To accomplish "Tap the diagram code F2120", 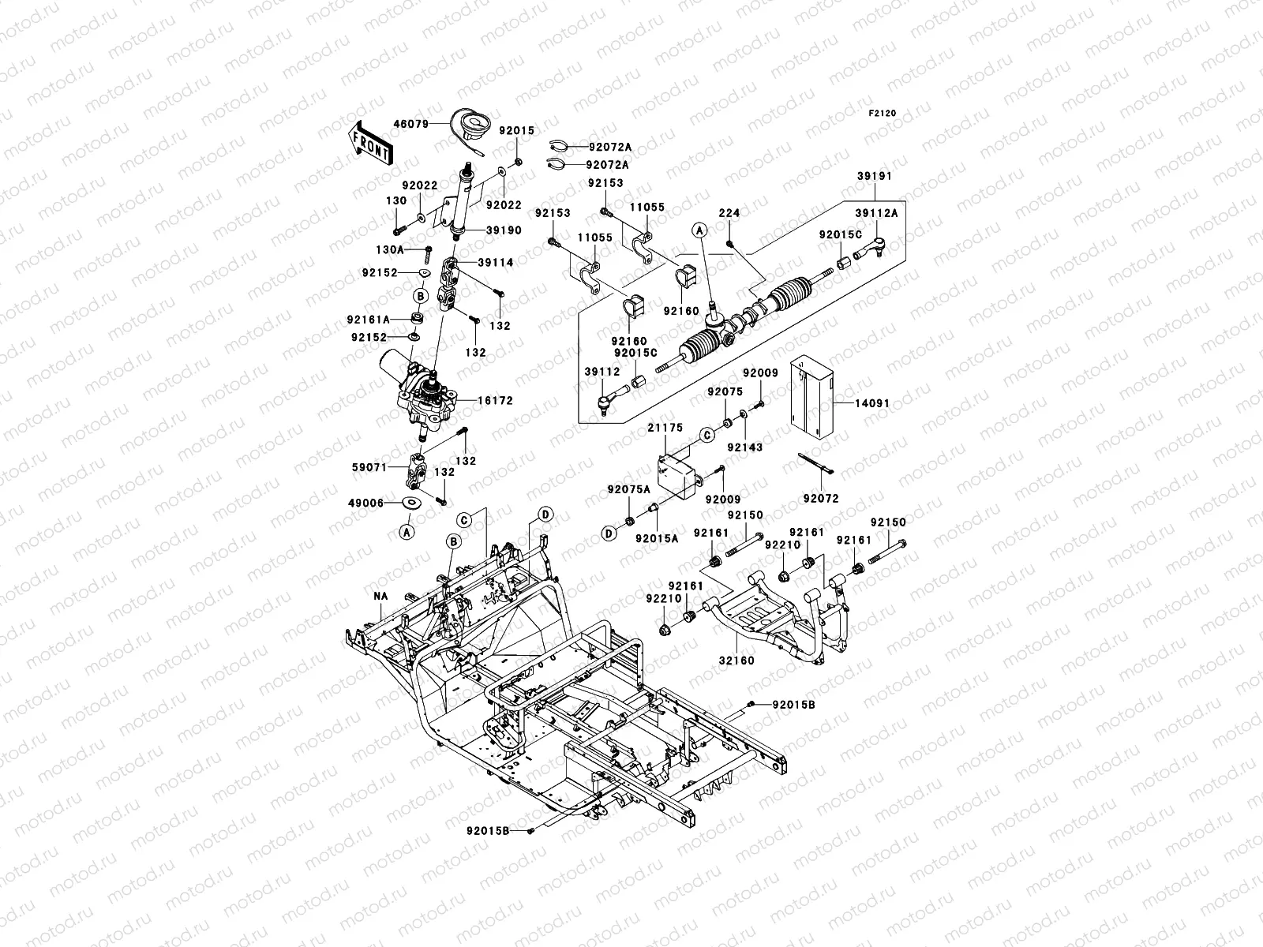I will pos(883,114).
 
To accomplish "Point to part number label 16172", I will pos(495,401).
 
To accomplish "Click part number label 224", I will pos(729,213).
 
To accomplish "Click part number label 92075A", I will pos(628,489).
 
